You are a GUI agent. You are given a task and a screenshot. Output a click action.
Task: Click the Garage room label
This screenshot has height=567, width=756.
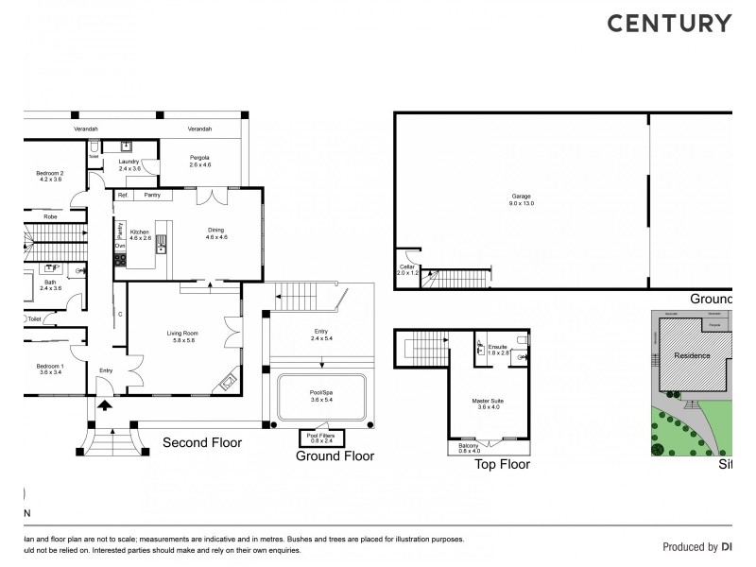click(x=522, y=196)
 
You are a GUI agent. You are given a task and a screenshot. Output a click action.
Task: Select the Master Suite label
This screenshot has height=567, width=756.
click(x=488, y=402)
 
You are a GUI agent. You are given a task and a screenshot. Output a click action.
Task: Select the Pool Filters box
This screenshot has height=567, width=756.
click(x=322, y=437)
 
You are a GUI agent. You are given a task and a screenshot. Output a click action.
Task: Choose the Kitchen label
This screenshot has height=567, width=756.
click(x=140, y=232)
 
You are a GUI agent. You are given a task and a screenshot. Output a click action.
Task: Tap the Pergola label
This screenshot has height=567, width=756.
click(x=198, y=160)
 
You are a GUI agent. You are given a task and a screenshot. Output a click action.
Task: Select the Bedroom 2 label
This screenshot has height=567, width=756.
click(x=49, y=175)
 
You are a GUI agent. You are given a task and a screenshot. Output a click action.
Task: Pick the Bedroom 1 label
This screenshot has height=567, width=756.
click(x=49, y=368)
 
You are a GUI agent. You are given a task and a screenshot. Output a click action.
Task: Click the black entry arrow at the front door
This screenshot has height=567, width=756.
click(x=104, y=405)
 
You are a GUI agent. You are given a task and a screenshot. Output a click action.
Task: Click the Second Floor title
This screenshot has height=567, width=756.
click(x=202, y=442)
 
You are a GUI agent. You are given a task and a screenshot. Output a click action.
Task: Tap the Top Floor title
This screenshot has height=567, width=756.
click(x=501, y=464)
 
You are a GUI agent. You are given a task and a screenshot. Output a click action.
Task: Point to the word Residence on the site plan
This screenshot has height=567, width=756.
click(x=694, y=356)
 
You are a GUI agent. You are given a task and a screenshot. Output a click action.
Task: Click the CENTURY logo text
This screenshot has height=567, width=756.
click(x=668, y=24)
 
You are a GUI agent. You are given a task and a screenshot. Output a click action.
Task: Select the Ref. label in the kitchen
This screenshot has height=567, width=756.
click(x=122, y=195)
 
